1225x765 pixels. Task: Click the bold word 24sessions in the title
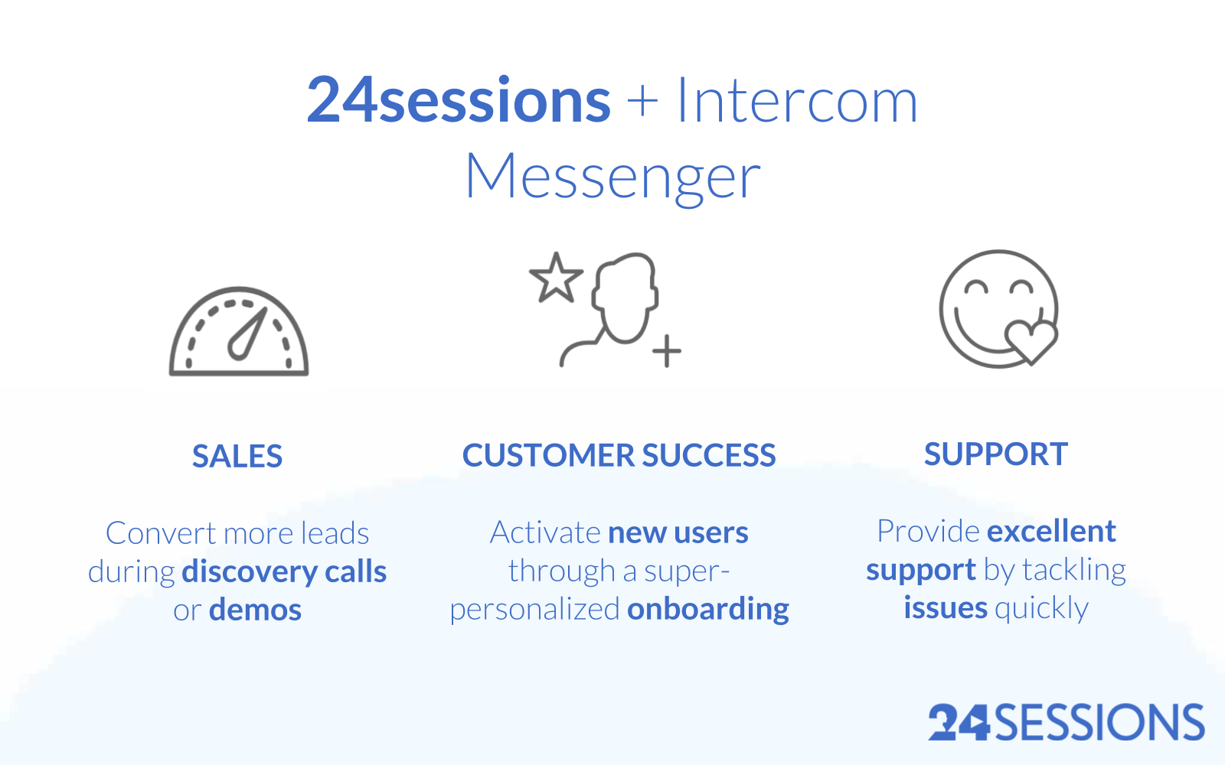[x=458, y=101]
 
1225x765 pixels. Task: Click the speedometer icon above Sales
[x=239, y=333]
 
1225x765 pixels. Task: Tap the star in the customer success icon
[x=556, y=278]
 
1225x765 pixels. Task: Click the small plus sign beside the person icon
[x=667, y=351]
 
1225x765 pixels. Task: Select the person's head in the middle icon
[x=626, y=295]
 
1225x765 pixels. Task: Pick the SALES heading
[x=237, y=457]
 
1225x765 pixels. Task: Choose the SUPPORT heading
[x=995, y=454]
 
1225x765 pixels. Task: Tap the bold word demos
[x=255, y=610]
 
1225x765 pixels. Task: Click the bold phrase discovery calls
[x=284, y=571]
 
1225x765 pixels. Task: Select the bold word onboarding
[x=708, y=609]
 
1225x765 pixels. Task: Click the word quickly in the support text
[x=1041, y=608]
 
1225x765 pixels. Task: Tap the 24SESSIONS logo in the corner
[x=1066, y=723]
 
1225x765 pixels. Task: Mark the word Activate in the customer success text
[x=545, y=532]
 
